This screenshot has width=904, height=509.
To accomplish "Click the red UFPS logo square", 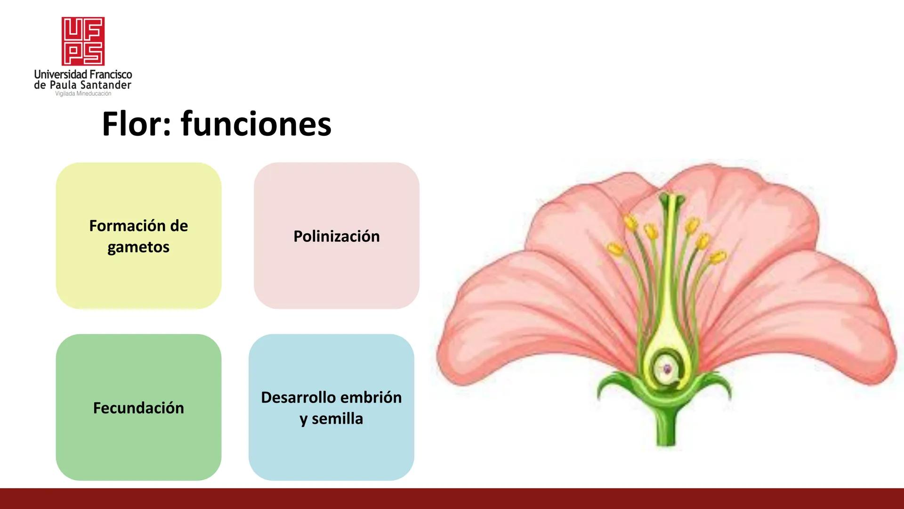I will (83, 41).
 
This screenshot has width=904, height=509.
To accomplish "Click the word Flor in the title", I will (131, 124).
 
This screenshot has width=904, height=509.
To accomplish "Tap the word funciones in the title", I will (256, 124).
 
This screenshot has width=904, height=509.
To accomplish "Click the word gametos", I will (138, 247).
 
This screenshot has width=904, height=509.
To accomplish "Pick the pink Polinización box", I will (336, 273).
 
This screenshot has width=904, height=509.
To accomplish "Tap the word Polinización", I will (336, 236).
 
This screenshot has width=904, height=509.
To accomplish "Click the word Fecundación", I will (138, 408).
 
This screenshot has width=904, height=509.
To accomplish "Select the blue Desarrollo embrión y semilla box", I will (331, 452).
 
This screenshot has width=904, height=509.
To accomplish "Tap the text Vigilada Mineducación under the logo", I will (83, 94).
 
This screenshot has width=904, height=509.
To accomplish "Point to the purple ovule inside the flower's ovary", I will (667, 369).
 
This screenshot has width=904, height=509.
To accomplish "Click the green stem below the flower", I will (666, 429).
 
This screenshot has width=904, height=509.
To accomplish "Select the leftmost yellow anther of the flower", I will (614, 248).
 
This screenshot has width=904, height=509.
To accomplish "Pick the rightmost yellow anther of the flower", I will (718, 257).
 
